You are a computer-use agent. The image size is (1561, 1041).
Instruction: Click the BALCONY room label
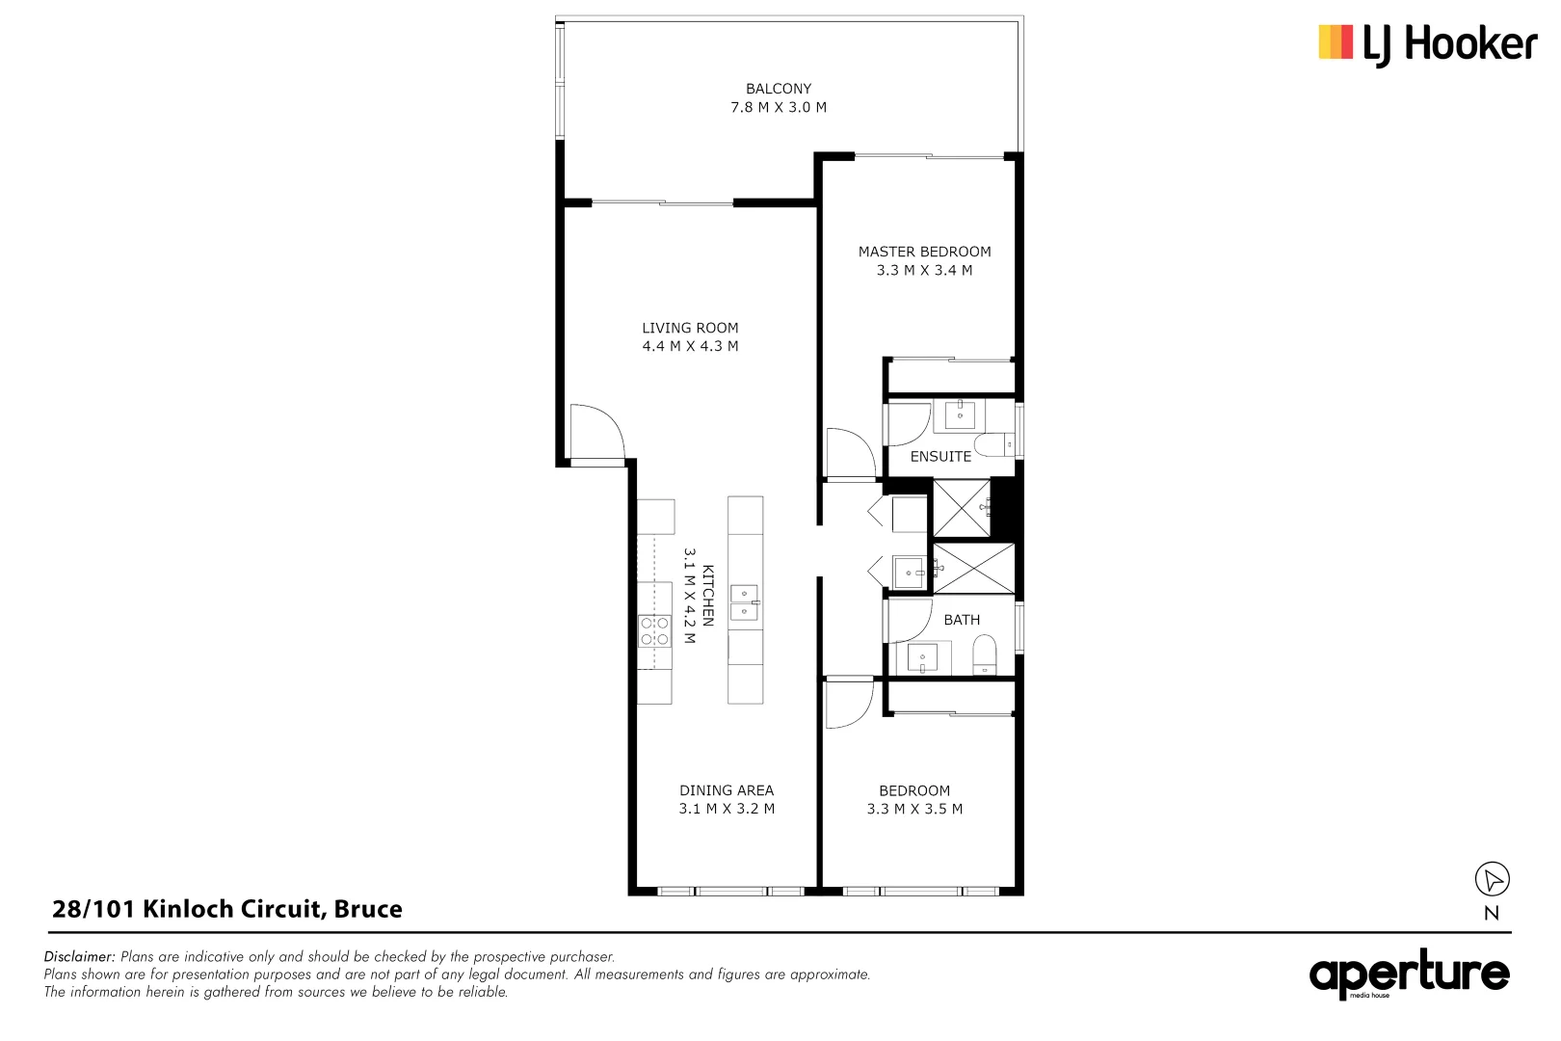click(778, 88)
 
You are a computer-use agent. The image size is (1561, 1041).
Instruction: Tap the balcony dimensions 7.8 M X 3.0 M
click(778, 107)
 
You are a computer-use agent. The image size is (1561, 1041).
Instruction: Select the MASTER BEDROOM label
click(923, 252)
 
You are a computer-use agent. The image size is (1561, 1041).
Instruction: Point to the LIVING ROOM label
click(690, 328)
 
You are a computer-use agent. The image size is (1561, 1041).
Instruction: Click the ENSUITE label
click(940, 457)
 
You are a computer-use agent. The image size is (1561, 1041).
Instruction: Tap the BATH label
click(961, 620)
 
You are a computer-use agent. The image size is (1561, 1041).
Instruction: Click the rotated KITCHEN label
click(707, 596)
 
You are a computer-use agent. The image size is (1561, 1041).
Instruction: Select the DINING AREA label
click(726, 790)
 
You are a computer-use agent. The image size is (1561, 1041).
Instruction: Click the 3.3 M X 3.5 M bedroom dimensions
click(913, 810)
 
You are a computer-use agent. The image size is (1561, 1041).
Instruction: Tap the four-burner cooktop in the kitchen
click(655, 631)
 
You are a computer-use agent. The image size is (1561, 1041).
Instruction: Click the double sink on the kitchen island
click(744, 602)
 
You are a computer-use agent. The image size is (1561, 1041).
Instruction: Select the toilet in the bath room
click(984, 656)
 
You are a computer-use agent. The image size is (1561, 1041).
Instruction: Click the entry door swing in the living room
click(595, 433)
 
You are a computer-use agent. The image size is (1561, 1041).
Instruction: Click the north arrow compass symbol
click(1492, 879)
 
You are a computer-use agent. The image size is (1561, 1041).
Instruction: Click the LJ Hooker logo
click(1426, 44)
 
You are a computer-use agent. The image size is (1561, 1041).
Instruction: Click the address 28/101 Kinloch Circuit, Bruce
click(227, 909)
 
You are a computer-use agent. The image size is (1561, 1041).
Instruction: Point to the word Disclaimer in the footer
click(80, 957)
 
